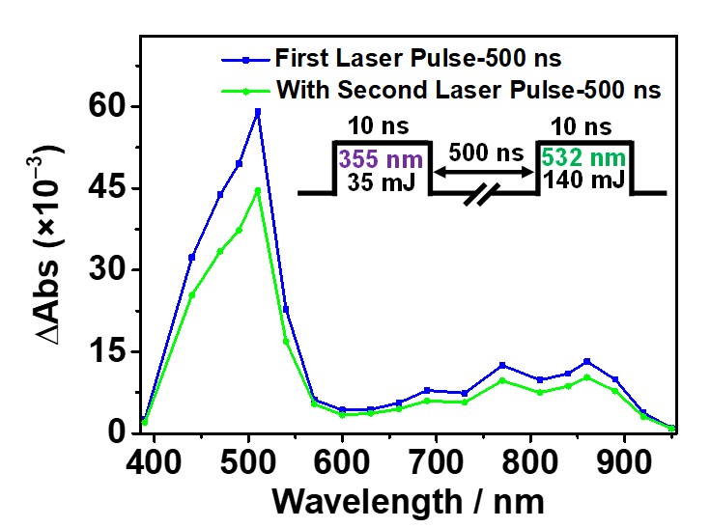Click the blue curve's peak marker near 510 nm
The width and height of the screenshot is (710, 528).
[x=258, y=112]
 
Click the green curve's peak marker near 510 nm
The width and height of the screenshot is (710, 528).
[x=258, y=190]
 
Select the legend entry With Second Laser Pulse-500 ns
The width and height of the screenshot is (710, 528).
[x=468, y=91]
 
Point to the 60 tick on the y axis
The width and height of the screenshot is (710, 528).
[x=138, y=106]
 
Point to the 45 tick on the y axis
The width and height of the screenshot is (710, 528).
[x=138, y=188]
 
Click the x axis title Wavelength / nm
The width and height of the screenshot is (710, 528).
[x=409, y=501]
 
